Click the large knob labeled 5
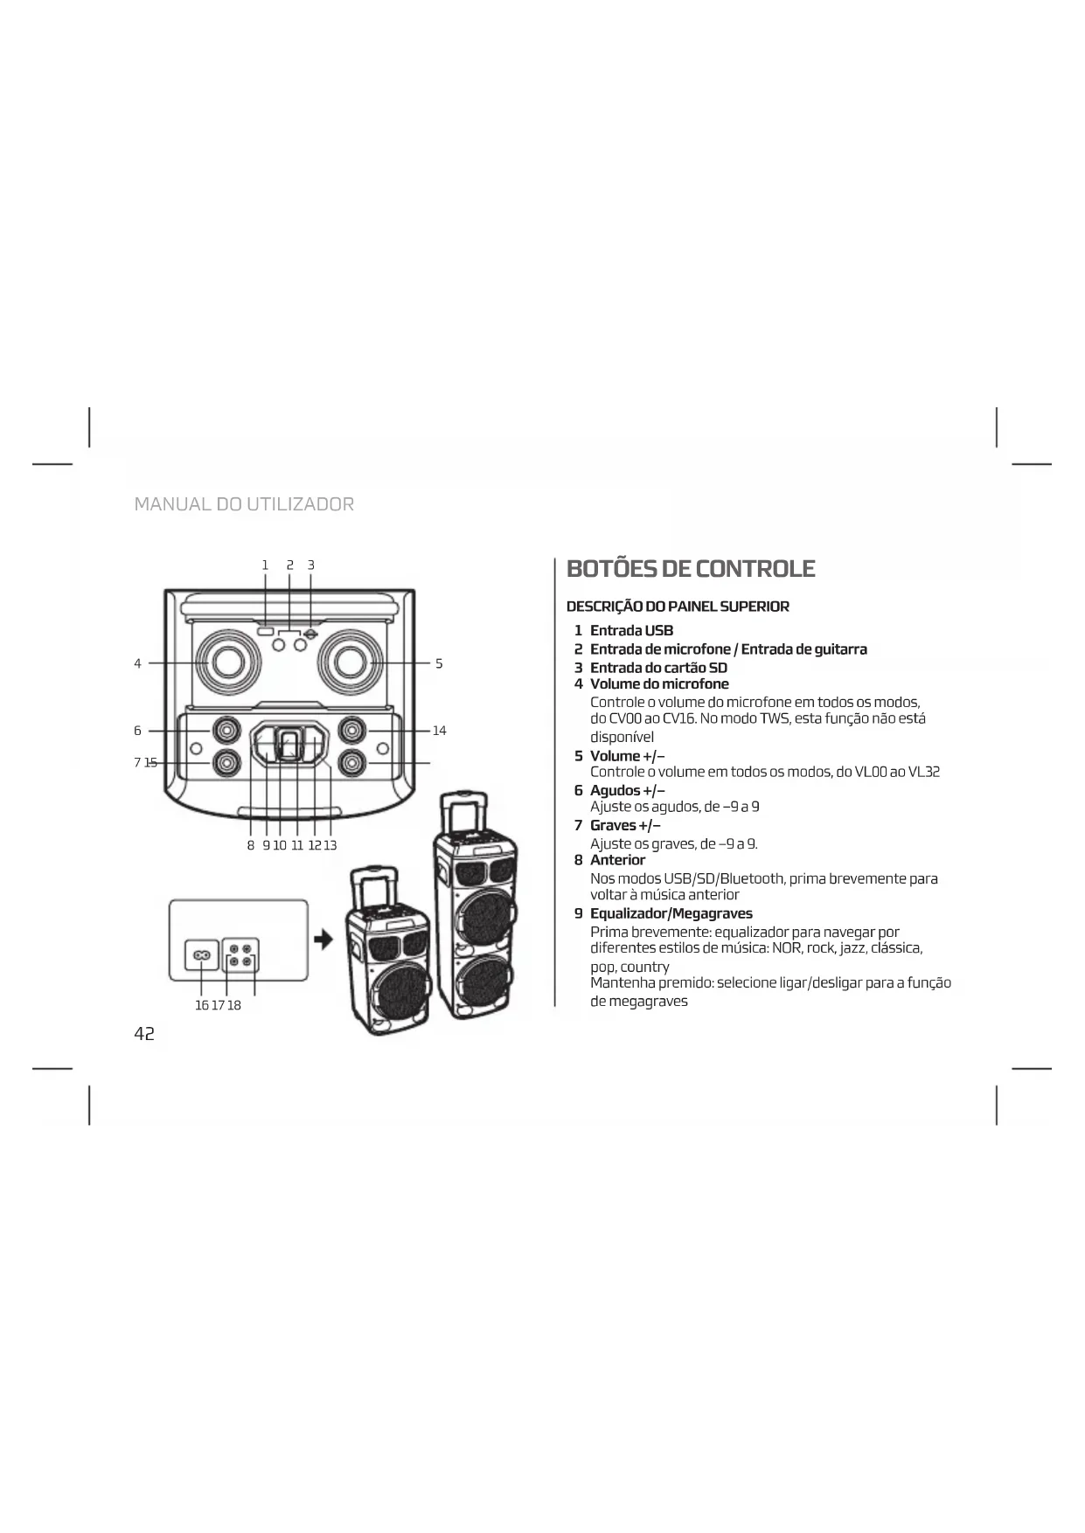pos(351,662)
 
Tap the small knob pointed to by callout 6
pos(227,729)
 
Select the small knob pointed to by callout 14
pos(352,729)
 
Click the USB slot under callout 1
pos(266,630)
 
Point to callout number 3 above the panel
pos(310,565)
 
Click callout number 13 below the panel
pos(330,845)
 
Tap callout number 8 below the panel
pos(250,845)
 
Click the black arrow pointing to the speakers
pos(323,940)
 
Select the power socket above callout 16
pos(200,955)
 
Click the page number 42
pos(144,1034)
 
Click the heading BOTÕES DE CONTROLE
pos(691,569)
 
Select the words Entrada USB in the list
pos(631,630)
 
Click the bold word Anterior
pos(617,860)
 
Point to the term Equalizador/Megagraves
pos(671,913)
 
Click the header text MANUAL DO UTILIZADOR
pos(244,504)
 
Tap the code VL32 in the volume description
pos(923,772)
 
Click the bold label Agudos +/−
pos(627,790)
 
